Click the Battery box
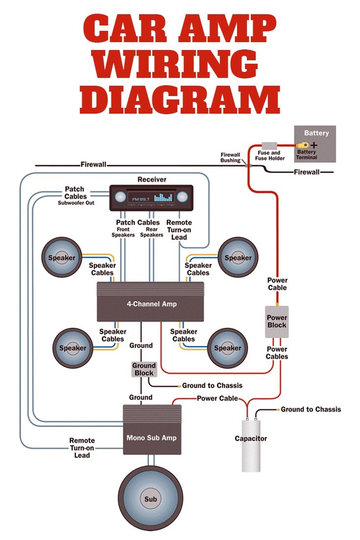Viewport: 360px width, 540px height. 314,144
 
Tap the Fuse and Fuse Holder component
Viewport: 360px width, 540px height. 269,146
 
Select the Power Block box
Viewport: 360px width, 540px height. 277,321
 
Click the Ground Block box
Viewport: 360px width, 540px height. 144,369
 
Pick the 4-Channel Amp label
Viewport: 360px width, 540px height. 151,304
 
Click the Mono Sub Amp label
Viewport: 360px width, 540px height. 151,437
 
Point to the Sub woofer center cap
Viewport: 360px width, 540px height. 150,499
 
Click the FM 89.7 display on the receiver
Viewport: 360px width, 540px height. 140,198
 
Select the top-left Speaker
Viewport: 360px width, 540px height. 61,258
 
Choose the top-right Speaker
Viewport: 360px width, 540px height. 238,258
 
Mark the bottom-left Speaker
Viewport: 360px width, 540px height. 72,348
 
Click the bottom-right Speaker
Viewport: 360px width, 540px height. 228,348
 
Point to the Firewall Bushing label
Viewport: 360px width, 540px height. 230,157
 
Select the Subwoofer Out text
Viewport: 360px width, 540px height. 76,203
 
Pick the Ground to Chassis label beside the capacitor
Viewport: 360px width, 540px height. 311,409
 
